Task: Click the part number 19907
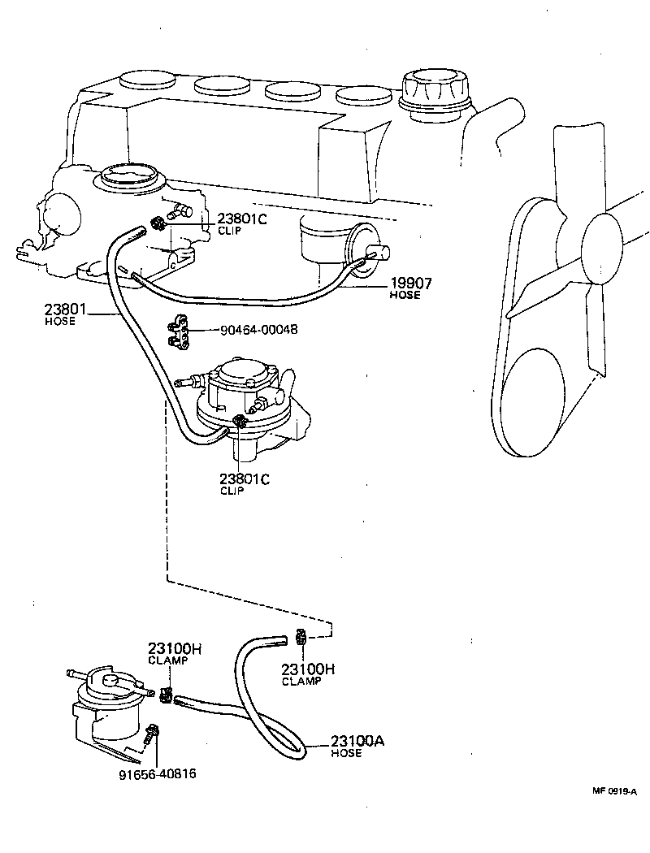409,283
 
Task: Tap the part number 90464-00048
259,331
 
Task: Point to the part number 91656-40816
158,773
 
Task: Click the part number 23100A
357,741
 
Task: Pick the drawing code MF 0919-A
613,789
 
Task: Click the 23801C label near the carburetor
243,219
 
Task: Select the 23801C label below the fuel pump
245,479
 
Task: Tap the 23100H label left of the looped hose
173,648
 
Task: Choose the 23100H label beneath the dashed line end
308,669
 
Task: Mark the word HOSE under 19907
405,296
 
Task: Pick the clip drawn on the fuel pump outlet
239,421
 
